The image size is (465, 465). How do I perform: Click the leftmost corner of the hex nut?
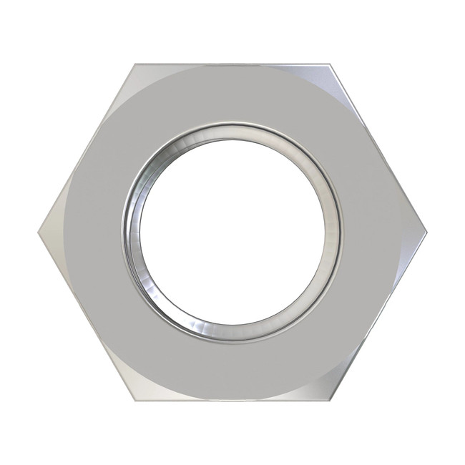point(38,232)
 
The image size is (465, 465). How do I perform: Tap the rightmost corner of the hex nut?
point(426,232)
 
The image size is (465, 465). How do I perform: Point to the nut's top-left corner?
point(134,64)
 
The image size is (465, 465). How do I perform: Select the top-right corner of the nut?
point(330,64)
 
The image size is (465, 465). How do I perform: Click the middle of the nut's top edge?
point(232,64)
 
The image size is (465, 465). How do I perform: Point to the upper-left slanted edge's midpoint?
point(86,148)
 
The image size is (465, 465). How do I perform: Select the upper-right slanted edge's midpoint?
point(378,148)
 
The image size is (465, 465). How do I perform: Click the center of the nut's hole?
point(232,230)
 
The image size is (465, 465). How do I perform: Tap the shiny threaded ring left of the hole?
point(131,232)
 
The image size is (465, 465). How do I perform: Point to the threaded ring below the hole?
point(232,331)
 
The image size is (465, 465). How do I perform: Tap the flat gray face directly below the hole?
point(232,368)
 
